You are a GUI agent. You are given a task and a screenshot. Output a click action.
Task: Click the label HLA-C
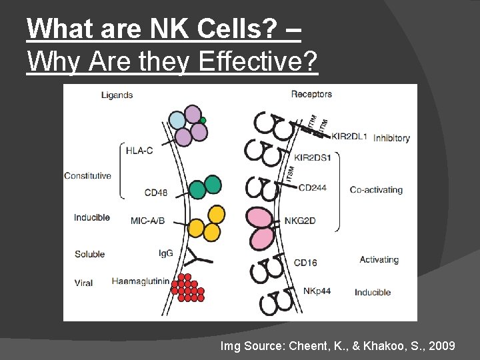point(139,150)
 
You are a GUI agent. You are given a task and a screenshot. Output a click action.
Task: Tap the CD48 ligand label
point(155,193)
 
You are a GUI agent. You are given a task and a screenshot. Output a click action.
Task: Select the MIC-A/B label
point(148,220)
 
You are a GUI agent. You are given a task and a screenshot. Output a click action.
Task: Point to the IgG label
point(166,253)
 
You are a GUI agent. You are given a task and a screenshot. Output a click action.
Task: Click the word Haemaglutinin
point(140,281)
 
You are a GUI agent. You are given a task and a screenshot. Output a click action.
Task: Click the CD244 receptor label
point(312,188)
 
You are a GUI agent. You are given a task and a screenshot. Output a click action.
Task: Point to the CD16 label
point(305,263)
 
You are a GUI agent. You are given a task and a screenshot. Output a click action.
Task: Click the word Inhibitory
point(391,138)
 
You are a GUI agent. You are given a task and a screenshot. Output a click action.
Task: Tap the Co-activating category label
point(376,190)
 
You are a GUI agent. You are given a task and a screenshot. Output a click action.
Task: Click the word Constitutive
point(87,176)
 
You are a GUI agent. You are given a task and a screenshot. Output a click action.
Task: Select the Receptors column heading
point(311,94)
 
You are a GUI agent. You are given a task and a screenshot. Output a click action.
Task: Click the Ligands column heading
point(117,95)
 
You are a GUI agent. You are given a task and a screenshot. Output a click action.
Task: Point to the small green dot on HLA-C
point(203,121)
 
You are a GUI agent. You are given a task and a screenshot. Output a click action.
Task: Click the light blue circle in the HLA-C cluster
point(177,121)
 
